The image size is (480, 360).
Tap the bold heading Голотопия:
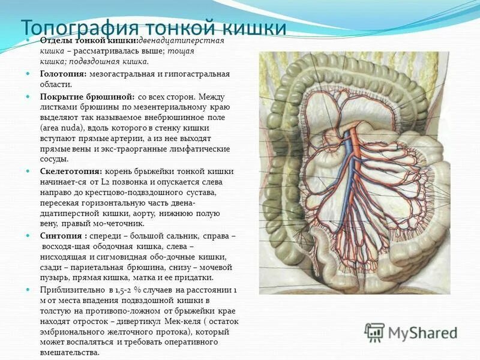(x=64, y=74)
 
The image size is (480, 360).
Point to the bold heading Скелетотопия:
(x=71, y=172)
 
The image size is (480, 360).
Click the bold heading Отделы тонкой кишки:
(x=89, y=40)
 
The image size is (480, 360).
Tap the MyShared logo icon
(x=374, y=332)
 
